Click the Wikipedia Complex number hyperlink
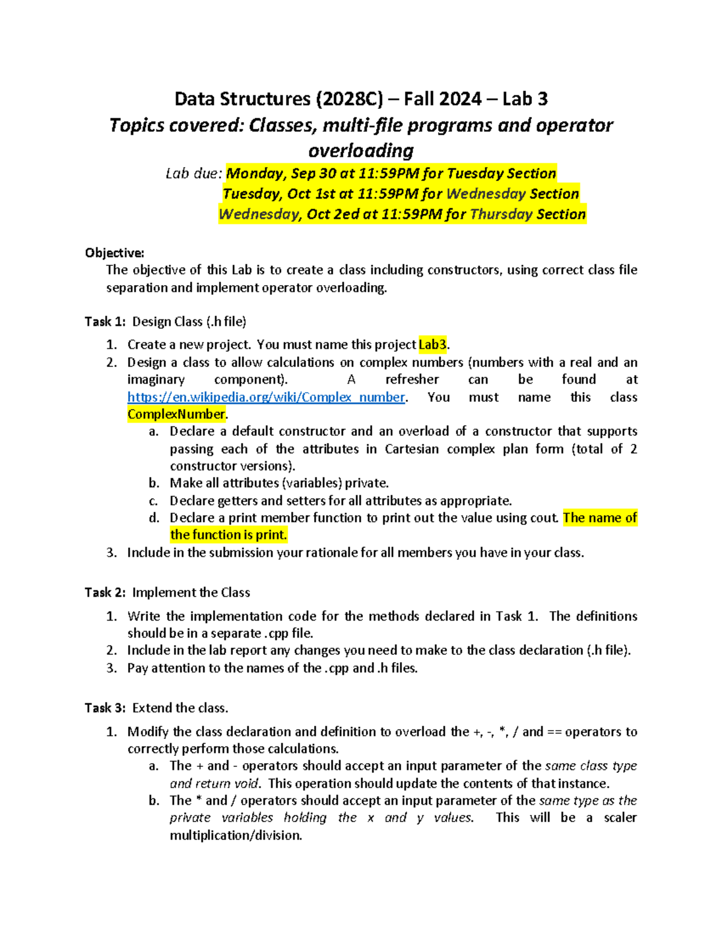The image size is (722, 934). coord(266,397)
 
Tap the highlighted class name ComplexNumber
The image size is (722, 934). coord(176,414)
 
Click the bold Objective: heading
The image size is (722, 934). coord(114,253)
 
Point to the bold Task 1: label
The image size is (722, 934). coord(105,322)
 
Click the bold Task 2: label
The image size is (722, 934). coord(105,592)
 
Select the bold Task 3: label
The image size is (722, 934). coord(105,708)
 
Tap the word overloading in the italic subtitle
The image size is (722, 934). coord(361,150)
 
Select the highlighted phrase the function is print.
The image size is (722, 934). coord(229,535)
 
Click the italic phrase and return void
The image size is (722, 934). coord(215,784)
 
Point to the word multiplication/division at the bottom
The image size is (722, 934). coord(235,835)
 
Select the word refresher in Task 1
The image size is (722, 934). coord(412,379)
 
